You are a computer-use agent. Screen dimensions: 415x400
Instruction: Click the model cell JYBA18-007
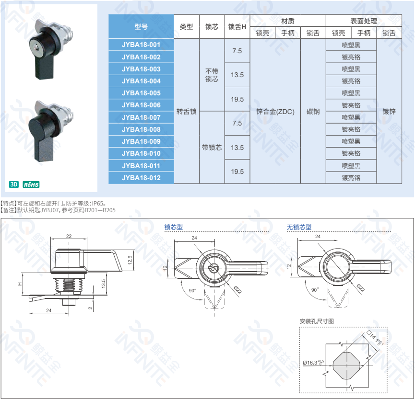pyautogui.click(x=141, y=117)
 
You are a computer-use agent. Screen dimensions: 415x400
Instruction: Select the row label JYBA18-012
pyautogui.click(x=141, y=178)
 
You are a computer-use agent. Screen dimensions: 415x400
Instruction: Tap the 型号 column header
pyautogui.click(x=141, y=27)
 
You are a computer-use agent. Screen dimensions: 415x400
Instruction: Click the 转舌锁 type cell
pyautogui.click(x=186, y=112)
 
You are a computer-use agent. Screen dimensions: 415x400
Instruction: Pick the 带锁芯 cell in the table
pyautogui.click(x=212, y=148)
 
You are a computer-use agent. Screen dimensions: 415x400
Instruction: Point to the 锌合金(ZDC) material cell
pyautogui.click(x=275, y=112)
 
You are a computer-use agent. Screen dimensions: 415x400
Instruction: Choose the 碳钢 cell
pyautogui.click(x=313, y=112)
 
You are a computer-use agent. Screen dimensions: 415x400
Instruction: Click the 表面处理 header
pyautogui.click(x=364, y=21)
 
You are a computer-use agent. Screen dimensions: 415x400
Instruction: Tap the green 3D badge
pyautogui.click(x=14, y=184)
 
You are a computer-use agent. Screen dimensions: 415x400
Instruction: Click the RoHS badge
pyautogui.click(x=31, y=184)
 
